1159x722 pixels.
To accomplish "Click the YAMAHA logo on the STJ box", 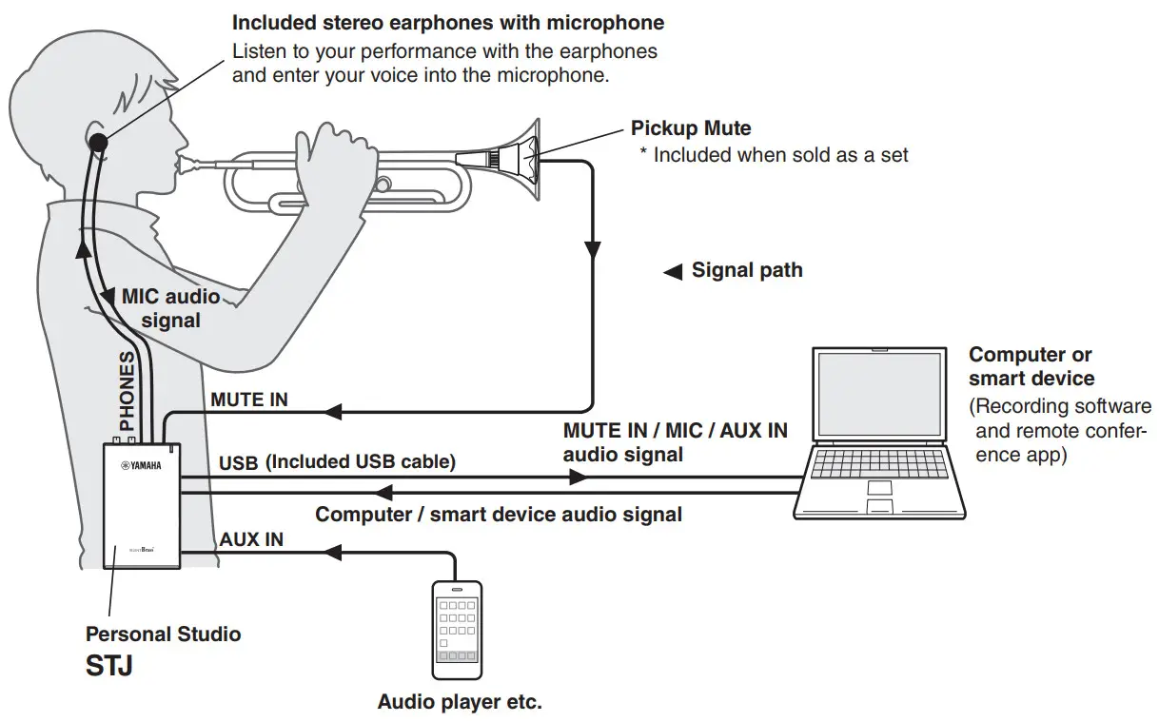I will click(x=141, y=465).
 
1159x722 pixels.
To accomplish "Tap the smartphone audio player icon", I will click(x=457, y=630).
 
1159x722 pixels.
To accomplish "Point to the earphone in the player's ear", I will click(x=98, y=143).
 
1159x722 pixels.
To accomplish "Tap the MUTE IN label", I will click(x=249, y=400).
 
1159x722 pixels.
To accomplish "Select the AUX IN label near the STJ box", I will click(x=251, y=539).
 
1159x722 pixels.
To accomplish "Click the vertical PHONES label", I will click(x=127, y=391).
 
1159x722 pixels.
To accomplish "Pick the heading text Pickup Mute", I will click(x=691, y=128).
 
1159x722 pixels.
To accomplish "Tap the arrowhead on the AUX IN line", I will click(x=332, y=552).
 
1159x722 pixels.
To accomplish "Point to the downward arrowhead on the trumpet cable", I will click(x=592, y=251).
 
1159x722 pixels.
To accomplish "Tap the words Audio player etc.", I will click(x=460, y=703).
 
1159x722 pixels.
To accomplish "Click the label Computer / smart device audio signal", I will click(x=499, y=515).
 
